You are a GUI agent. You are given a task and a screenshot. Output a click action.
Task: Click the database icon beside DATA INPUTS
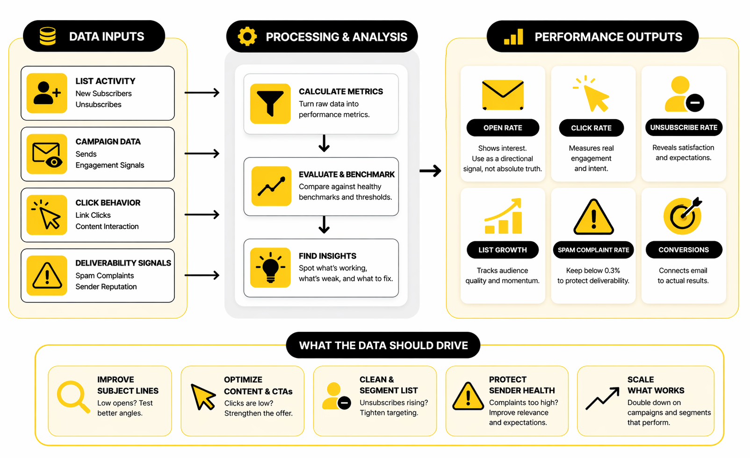coord(48,36)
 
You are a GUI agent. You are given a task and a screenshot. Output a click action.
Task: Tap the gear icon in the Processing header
coord(247,36)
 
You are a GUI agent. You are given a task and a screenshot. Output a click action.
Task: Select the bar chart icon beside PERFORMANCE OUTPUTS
coord(513,36)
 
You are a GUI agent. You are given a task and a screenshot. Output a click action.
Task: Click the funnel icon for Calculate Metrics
coord(270,104)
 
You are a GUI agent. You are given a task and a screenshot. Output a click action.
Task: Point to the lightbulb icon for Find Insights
coord(270,268)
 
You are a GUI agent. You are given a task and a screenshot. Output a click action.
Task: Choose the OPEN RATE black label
coord(503,128)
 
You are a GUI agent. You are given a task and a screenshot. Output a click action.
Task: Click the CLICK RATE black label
coord(591,128)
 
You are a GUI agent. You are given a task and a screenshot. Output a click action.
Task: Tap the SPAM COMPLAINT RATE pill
coord(593,250)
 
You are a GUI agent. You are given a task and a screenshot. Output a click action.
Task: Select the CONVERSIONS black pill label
coord(684,250)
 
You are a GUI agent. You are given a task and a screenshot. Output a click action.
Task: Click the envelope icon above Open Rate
coord(503,95)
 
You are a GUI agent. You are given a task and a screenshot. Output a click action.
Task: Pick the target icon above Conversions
coord(683,216)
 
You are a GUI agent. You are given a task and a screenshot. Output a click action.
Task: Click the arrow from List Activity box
coord(202,93)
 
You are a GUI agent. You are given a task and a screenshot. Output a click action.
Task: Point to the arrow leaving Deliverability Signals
coord(202,275)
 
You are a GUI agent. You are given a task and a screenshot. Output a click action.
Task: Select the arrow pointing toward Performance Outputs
coord(430,171)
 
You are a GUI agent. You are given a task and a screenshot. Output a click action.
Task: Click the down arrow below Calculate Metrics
coord(324,143)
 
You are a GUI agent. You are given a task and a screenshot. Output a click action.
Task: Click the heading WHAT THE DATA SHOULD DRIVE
coord(383,345)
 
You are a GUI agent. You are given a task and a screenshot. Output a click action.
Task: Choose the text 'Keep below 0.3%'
coord(593,271)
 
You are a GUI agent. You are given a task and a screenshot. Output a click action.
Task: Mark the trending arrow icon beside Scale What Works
coord(602,398)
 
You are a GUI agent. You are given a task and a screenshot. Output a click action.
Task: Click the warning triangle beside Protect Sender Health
coord(468,397)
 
